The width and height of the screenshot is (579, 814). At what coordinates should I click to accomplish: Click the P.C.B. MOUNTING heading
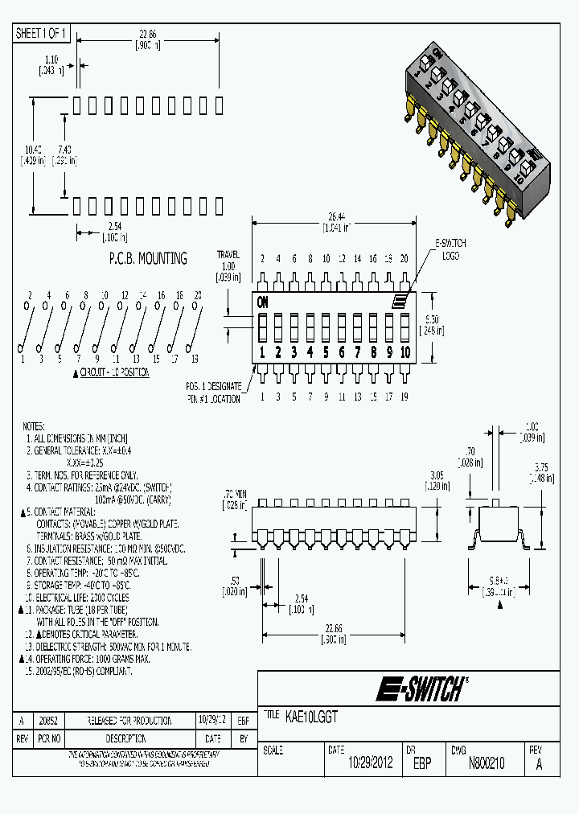(x=148, y=258)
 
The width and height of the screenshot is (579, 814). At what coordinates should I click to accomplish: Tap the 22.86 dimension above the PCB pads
(x=146, y=34)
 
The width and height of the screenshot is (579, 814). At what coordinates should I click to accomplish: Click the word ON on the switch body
(x=263, y=302)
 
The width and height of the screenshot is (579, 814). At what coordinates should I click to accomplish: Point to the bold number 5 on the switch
(x=326, y=352)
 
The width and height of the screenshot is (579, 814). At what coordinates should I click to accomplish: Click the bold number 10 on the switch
(x=404, y=352)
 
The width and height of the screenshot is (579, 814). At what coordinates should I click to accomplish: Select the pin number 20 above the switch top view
(x=404, y=258)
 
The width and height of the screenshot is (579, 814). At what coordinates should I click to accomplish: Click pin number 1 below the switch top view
(x=263, y=396)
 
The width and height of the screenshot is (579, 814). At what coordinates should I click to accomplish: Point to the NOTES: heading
(x=34, y=425)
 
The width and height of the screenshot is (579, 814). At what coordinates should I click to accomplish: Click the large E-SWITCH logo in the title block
(x=421, y=689)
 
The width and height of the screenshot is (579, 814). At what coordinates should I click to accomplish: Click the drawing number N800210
(x=487, y=763)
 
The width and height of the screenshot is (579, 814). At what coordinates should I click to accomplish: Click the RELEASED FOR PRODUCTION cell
(x=130, y=720)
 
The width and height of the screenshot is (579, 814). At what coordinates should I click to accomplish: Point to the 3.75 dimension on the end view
(x=541, y=473)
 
